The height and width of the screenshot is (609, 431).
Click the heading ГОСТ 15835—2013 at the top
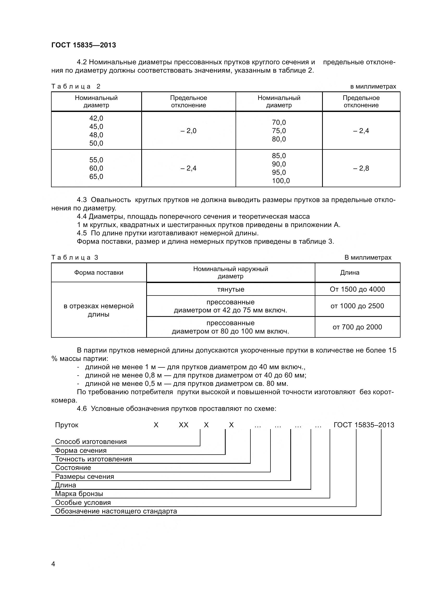point(84,45)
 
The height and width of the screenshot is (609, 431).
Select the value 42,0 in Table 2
point(96,118)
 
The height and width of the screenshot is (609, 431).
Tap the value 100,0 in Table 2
point(281,181)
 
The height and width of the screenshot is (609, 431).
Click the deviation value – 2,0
point(188,131)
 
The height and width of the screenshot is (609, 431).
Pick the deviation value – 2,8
point(361,168)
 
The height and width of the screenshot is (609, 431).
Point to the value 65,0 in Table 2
point(96,177)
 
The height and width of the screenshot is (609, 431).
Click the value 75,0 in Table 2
point(279,131)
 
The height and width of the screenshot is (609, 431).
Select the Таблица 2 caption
point(76,86)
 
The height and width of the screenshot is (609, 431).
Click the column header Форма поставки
point(98,273)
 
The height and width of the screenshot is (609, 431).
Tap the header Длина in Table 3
point(349,273)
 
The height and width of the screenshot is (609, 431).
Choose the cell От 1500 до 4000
point(357,289)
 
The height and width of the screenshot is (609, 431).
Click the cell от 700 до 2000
point(357,327)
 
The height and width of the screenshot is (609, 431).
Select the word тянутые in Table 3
point(231,289)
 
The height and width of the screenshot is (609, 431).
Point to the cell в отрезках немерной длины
point(98,310)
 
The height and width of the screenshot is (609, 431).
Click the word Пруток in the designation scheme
point(67,425)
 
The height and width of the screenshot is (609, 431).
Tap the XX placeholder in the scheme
point(183,425)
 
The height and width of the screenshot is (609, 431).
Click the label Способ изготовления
point(91,442)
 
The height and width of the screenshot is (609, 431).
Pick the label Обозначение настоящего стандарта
point(116,511)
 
